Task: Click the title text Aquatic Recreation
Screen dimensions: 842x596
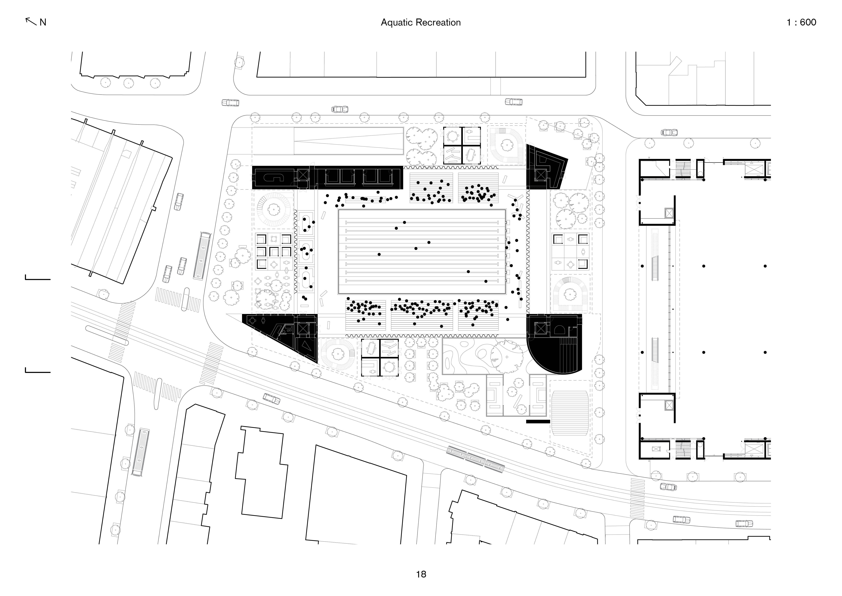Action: coord(421,22)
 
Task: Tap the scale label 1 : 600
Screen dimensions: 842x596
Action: coord(801,22)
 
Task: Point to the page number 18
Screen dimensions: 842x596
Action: coord(421,574)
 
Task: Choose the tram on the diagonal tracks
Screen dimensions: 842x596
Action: coord(475,459)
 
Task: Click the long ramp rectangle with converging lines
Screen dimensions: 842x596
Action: coord(348,141)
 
